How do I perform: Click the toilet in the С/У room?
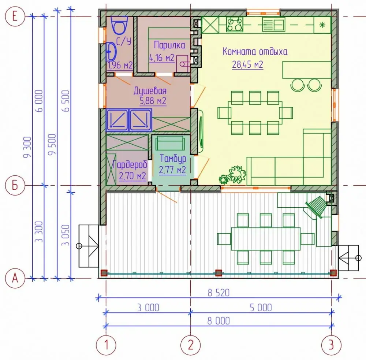click(120, 25)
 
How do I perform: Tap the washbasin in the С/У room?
click(111, 51)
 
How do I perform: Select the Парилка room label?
click(169, 45)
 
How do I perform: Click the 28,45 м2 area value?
click(247, 64)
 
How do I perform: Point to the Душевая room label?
click(150, 91)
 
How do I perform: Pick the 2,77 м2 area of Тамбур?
click(172, 170)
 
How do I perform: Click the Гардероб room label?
click(130, 164)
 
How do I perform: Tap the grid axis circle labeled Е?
click(15, 16)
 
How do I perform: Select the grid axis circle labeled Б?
click(15, 185)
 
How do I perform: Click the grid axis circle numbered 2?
click(191, 345)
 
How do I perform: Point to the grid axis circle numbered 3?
click(331, 345)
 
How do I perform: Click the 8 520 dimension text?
click(219, 293)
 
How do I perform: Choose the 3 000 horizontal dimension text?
click(148, 308)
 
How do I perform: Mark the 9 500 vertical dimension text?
click(52, 144)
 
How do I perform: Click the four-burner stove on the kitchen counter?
click(235, 25)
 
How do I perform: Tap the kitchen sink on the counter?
click(273, 25)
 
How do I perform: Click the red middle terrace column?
click(219, 273)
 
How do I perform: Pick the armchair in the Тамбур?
click(170, 143)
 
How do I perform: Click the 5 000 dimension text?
click(261, 308)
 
